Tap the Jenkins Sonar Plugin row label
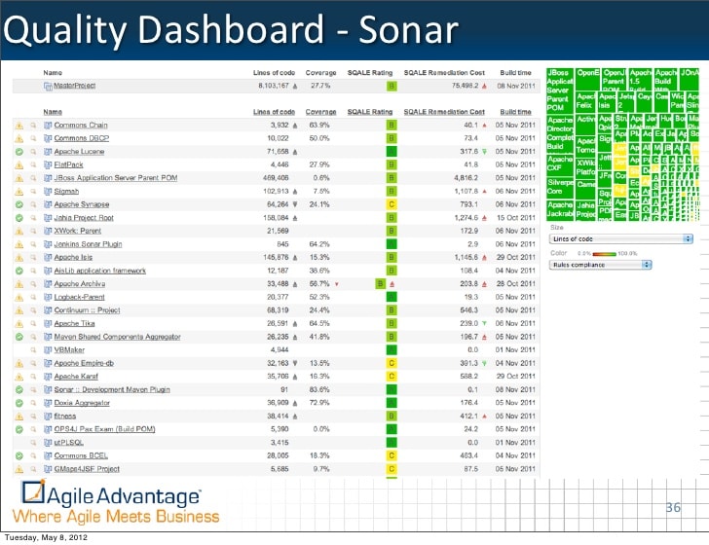[x=88, y=244]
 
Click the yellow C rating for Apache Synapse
[x=392, y=205]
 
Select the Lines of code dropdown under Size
[x=621, y=238]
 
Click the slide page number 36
[x=673, y=508]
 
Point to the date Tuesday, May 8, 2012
[x=49, y=537]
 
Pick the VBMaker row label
[x=69, y=348]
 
